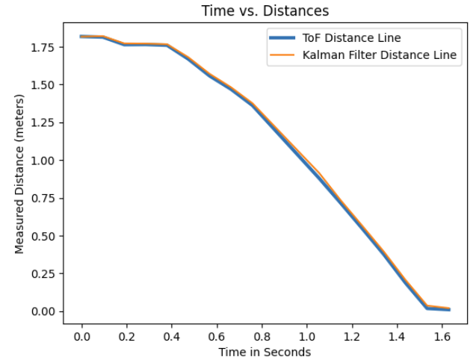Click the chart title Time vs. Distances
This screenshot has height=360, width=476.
point(265,11)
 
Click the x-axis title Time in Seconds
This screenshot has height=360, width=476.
point(265,351)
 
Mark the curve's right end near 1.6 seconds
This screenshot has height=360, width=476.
point(449,309)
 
